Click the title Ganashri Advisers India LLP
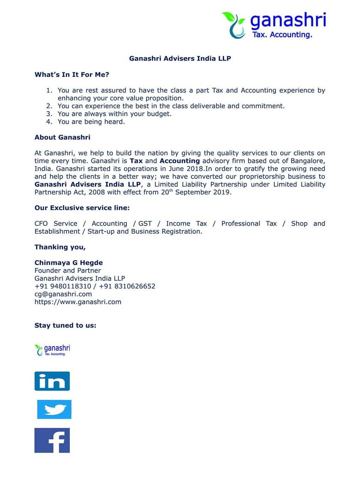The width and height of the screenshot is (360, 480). tap(180, 58)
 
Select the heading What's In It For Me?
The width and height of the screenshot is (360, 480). tap(72, 75)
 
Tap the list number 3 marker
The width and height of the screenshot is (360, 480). tap(49, 114)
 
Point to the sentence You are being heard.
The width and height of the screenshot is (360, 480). tap(91, 122)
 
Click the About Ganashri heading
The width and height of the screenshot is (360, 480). tap(62, 138)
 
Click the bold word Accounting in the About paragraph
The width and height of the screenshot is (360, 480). tap(180, 161)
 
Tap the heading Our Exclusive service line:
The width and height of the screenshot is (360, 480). tap(82, 208)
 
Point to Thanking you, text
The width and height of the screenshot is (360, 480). tap(60, 247)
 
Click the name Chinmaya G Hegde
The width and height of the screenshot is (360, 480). tap(69, 263)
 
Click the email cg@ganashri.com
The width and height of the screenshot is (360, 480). tap(63, 294)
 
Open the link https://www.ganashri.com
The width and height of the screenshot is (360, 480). tap(78, 302)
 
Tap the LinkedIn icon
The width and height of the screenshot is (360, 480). tap(52, 381)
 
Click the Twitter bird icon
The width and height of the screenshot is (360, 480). tap(54, 409)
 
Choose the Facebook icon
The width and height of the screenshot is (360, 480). tap(52, 440)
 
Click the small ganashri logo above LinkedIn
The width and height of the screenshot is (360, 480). tap(52, 350)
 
